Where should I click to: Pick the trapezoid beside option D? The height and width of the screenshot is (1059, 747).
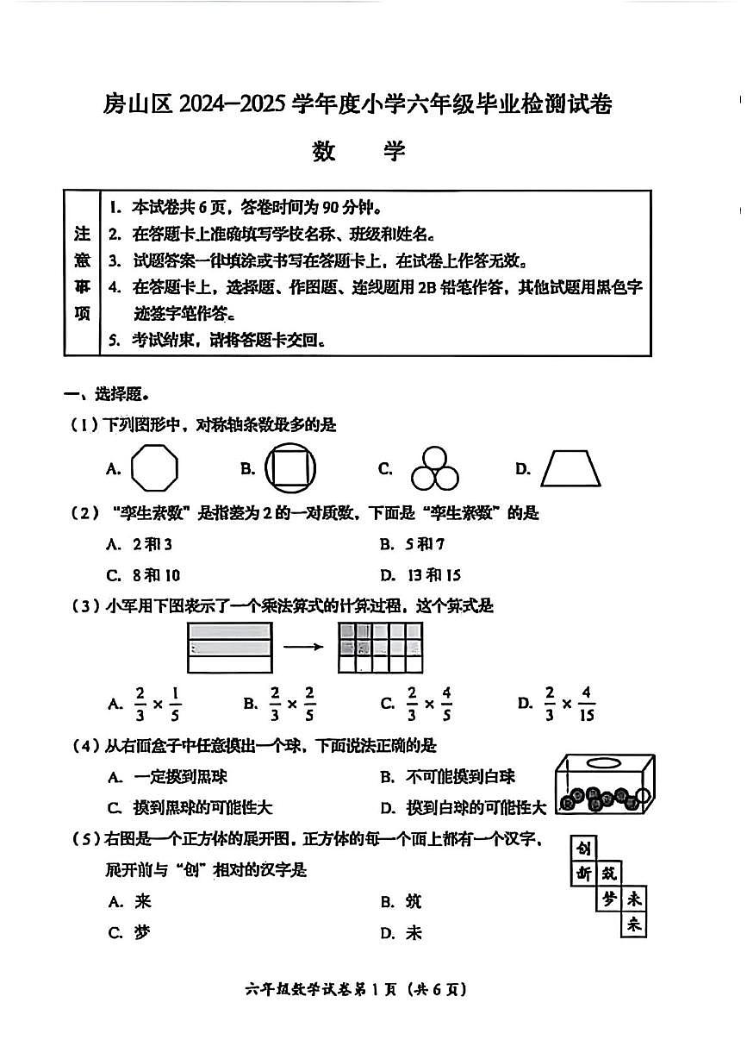[570, 469]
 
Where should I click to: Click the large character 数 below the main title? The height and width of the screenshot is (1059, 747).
[324, 151]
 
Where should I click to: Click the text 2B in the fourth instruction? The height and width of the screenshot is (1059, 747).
[427, 287]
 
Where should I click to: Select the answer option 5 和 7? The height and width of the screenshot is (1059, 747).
[425, 544]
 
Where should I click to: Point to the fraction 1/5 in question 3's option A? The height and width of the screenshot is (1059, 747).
[174, 703]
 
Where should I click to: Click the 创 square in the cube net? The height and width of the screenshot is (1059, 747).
[584, 849]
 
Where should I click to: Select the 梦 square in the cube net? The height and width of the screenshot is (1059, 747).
[609, 899]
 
